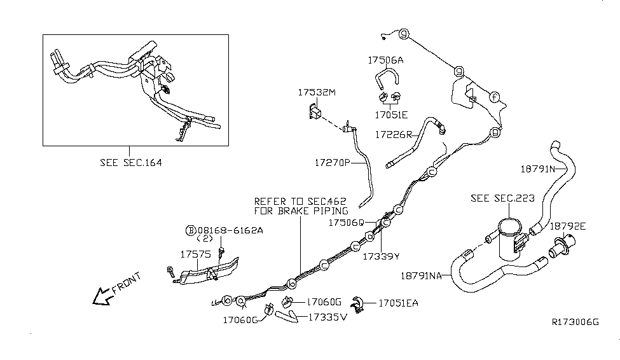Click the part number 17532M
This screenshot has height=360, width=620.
point(316,93)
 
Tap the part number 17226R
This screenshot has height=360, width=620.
point(394,135)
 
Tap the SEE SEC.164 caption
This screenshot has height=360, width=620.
point(130,163)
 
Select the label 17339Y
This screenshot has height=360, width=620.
point(380,256)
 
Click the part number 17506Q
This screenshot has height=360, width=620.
point(347,223)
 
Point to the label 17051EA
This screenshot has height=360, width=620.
point(399,303)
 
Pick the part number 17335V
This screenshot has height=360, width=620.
point(327,317)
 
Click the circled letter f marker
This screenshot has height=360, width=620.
point(494,97)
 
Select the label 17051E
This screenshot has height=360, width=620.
point(391,115)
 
